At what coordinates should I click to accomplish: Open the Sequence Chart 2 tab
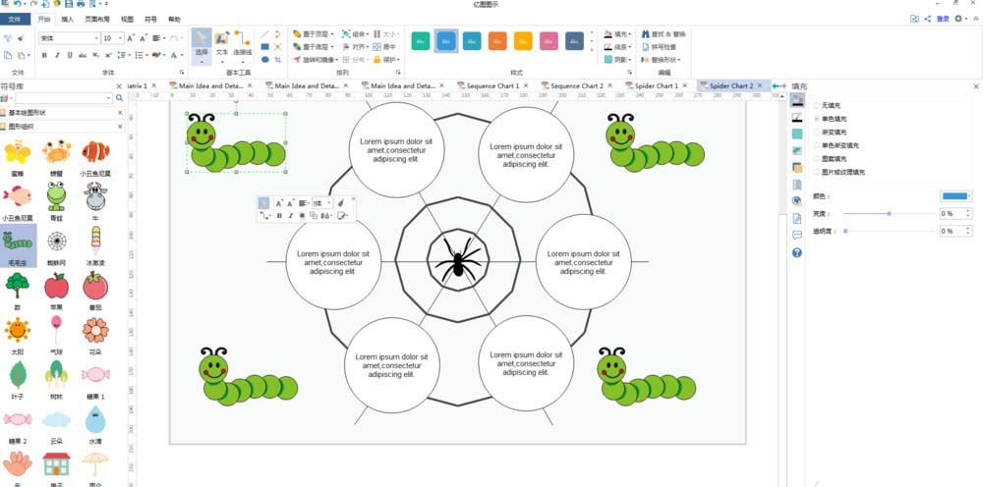[576, 86]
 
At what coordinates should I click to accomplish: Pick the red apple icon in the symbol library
[56, 286]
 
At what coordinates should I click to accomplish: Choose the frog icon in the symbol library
[56, 195]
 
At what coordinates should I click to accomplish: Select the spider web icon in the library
[56, 241]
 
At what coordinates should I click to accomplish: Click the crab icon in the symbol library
[56, 151]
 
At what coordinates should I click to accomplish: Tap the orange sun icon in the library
[17, 330]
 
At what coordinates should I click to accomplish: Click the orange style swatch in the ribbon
[497, 40]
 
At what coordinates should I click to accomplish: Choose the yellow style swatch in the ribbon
[523, 40]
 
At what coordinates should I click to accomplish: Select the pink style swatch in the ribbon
[549, 40]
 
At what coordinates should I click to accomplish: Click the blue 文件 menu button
[17, 19]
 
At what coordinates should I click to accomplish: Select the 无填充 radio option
[817, 105]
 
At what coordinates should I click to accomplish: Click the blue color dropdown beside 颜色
[955, 195]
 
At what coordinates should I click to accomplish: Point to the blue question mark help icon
[796, 252]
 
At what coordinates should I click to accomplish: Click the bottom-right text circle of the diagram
[525, 363]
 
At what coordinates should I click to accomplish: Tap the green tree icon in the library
[17, 286]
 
